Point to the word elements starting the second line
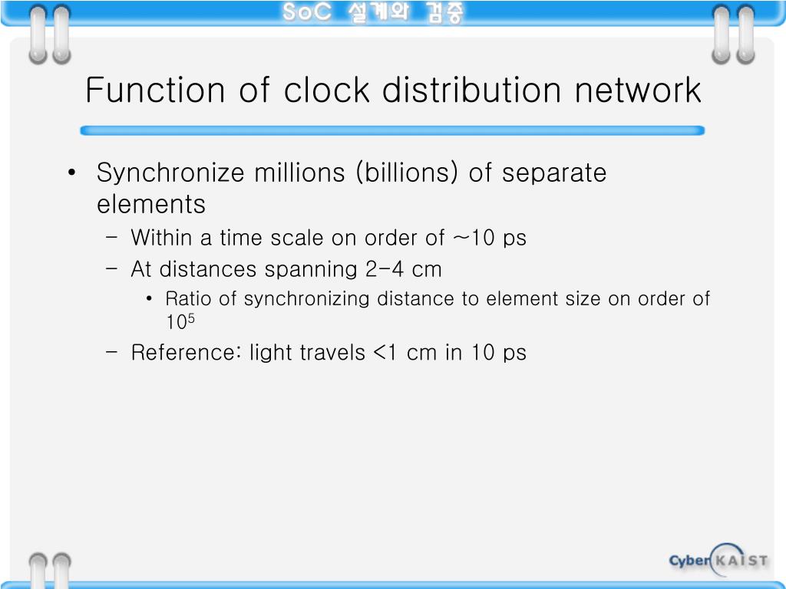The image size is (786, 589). [151, 205]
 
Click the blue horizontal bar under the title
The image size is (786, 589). [392, 131]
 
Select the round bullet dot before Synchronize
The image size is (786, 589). [71, 173]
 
